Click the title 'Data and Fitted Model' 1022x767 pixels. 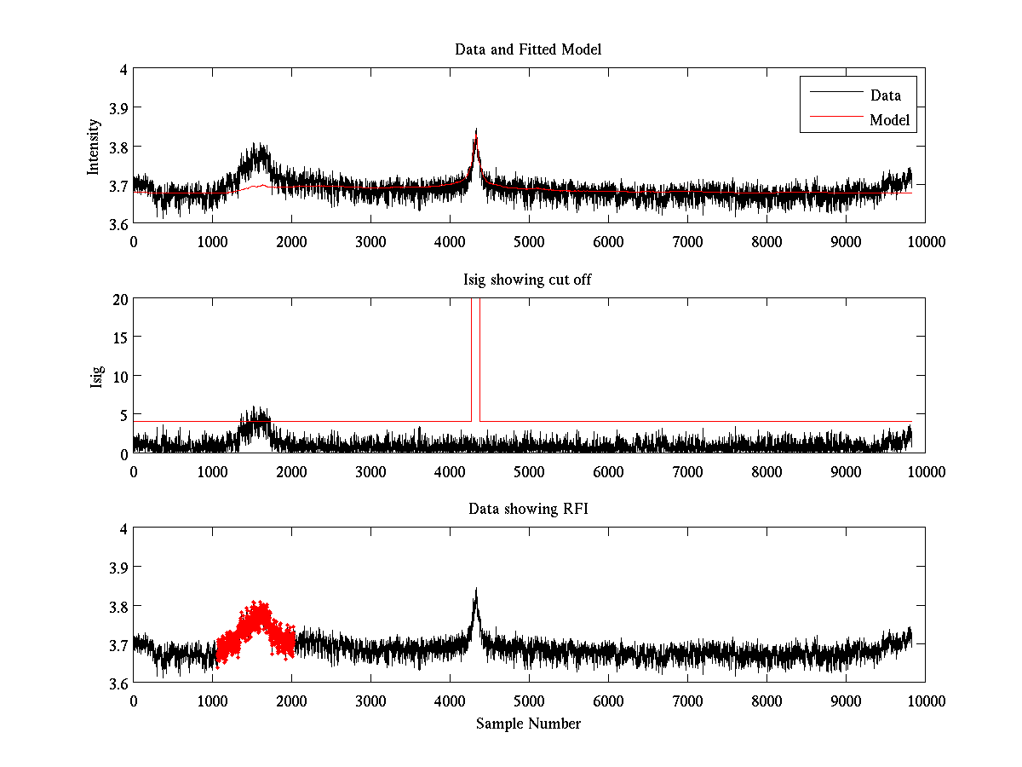click(528, 49)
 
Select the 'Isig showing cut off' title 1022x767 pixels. click(528, 280)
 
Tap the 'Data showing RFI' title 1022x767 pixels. click(528, 509)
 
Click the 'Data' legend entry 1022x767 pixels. click(885, 95)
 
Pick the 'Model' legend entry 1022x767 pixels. click(889, 120)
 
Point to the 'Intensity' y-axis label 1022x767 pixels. click(95, 147)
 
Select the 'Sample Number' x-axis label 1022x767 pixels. click(528, 724)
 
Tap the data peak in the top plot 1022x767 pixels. click(476, 136)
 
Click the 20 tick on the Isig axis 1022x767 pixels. click(118, 299)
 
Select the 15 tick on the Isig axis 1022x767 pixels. click(118, 337)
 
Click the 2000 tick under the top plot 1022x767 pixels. click(291, 242)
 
